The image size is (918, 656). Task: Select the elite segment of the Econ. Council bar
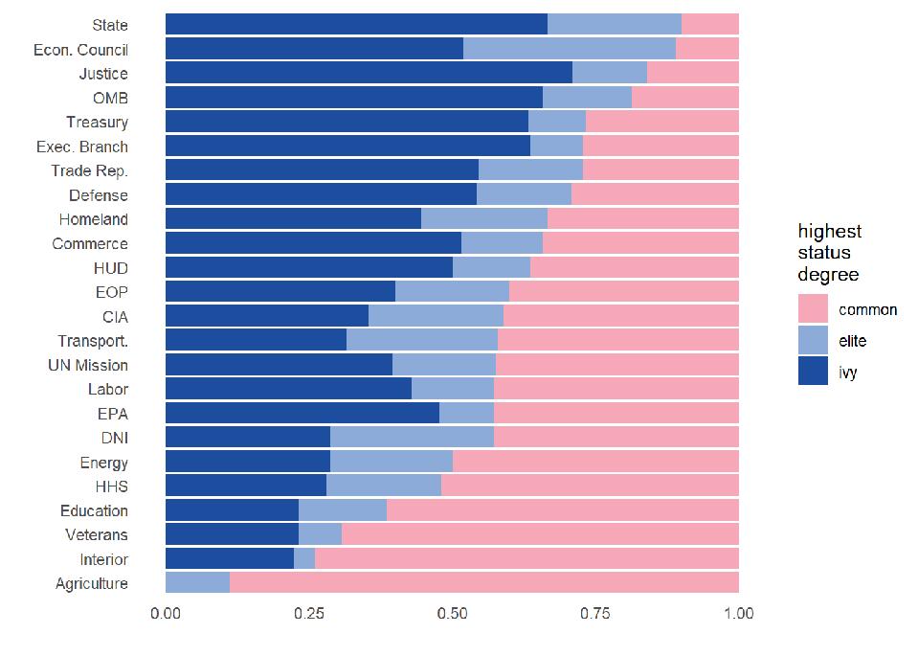[570, 49]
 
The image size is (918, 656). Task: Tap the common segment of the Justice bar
[692, 73]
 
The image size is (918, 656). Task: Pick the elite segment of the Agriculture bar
[198, 582]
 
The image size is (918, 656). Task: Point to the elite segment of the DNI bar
[412, 438]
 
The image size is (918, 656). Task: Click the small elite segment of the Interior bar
[304, 558]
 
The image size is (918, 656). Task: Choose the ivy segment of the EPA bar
[302, 413]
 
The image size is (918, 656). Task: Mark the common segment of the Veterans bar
[540, 534]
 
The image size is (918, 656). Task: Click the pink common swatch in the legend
[814, 308]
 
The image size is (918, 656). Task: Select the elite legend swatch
[814, 340]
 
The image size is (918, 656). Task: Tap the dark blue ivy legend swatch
[814, 372]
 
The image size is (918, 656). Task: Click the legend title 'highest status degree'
[829, 253]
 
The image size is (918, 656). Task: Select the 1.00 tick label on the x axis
[738, 614]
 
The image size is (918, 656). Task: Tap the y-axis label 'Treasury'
[97, 122]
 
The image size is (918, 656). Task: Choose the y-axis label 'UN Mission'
[88, 365]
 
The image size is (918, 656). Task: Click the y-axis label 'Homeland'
[93, 219]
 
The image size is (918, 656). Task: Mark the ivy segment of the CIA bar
[267, 316]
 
